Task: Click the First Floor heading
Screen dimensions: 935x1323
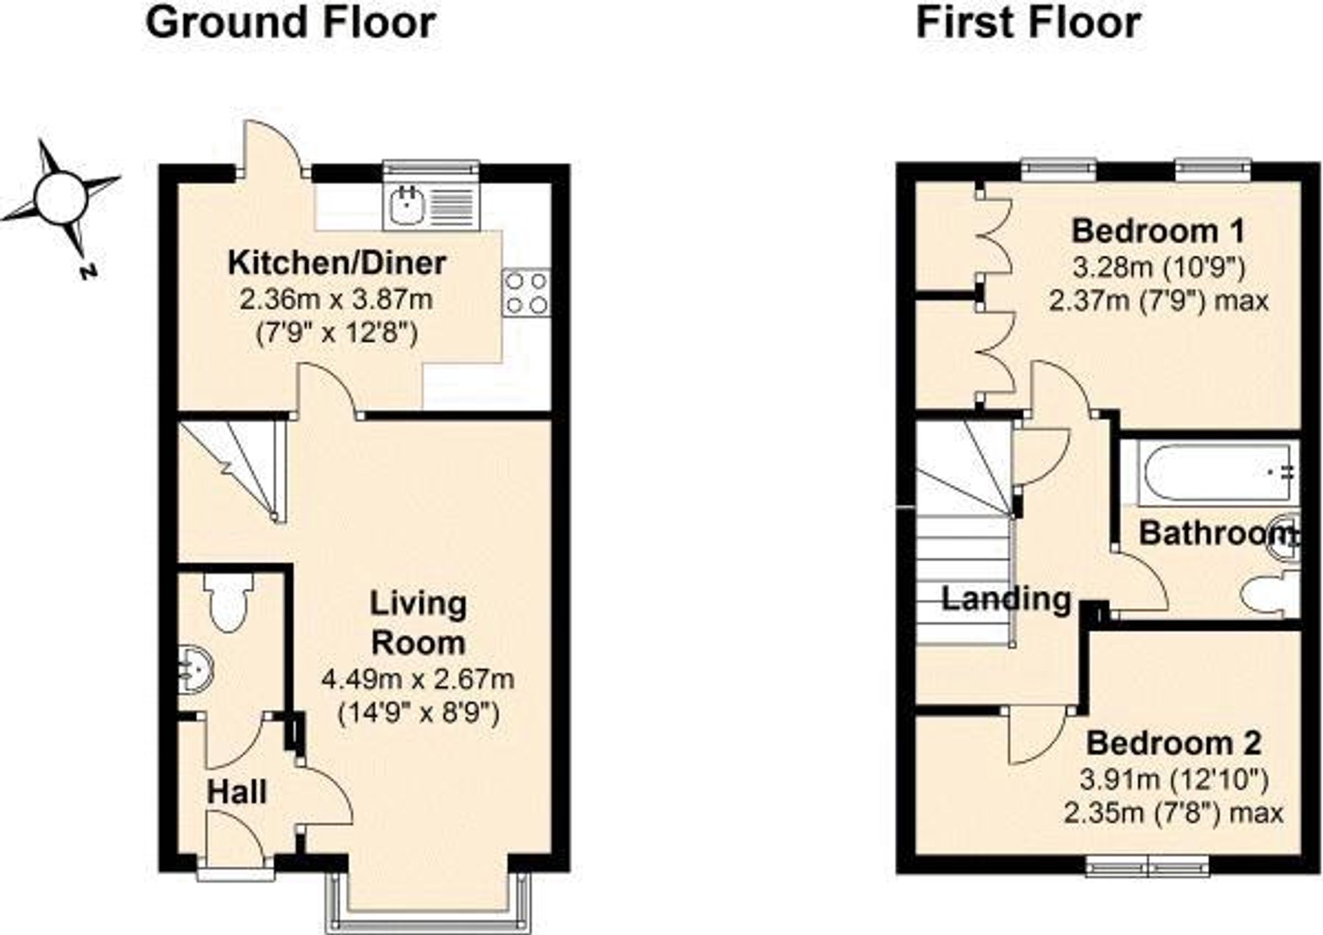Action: point(1027,23)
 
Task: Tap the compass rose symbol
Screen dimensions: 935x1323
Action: point(61,198)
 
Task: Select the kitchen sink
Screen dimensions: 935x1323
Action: point(404,204)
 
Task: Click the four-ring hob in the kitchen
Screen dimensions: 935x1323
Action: point(527,292)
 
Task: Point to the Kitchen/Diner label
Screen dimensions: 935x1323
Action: point(337,263)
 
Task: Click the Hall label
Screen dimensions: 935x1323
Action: point(237,792)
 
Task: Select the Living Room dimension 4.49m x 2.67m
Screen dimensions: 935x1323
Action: point(417,680)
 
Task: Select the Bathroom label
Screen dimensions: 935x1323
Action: point(1216,533)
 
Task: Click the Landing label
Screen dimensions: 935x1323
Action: point(1005,600)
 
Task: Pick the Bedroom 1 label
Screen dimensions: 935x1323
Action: point(1158,232)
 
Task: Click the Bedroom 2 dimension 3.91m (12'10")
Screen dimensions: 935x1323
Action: point(1174,781)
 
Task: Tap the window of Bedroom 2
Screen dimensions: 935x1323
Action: point(1148,867)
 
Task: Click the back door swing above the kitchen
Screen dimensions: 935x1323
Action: point(271,149)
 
